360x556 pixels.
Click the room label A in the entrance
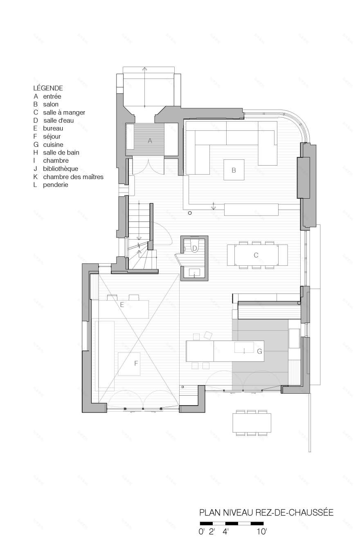click(150, 140)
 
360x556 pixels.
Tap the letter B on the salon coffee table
click(234, 170)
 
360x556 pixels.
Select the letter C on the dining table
click(256, 255)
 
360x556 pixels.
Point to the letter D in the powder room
click(195, 248)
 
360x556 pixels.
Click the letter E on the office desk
click(122, 304)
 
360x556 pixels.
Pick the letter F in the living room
click(136, 362)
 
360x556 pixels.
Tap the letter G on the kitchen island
click(259, 351)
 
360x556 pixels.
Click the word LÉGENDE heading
click(48, 88)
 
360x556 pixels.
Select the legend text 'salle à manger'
click(64, 112)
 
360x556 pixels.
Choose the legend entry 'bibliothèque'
click(61, 168)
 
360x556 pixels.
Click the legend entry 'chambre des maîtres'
click(73, 177)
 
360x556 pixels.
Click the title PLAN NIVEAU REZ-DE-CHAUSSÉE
click(266, 512)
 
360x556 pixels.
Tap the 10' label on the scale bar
click(261, 532)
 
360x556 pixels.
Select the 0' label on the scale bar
click(201, 532)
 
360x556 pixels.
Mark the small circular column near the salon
click(189, 213)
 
